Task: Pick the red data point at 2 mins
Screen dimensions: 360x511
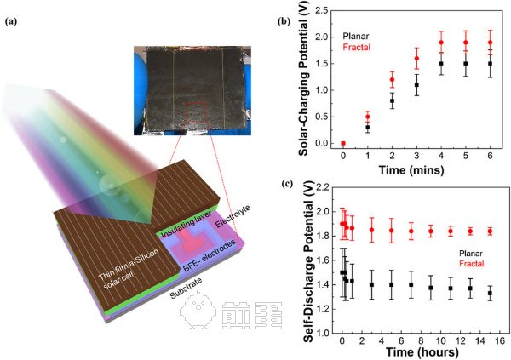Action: click(392, 80)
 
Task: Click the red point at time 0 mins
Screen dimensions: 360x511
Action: click(343, 143)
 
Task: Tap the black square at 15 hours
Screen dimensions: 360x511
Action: click(490, 293)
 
